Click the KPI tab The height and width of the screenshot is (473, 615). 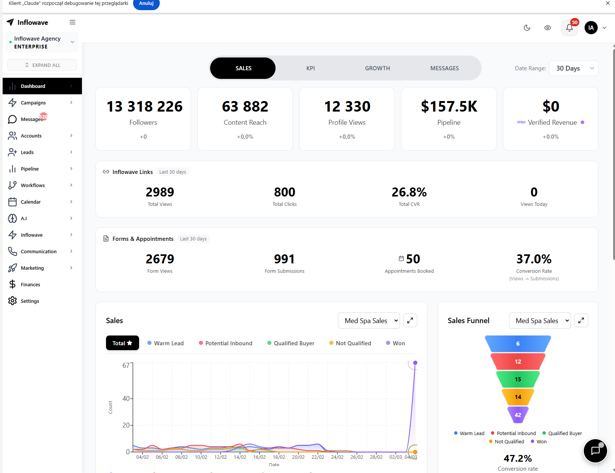click(311, 68)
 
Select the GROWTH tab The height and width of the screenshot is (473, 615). click(377, 68)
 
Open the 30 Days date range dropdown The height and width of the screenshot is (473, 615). click(574, 68)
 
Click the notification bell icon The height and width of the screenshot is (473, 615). click(569, 28)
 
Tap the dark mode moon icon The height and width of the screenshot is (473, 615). click(527, 28)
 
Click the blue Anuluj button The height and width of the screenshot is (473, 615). click(146, 3)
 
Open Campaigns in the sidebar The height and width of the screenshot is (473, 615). click(33, 103)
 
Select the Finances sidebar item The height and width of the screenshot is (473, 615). click(30, 284)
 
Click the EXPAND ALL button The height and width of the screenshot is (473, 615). click(42, 65)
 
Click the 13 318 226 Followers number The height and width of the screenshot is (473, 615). click(144, 107)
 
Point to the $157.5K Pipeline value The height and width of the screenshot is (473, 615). click(449, 107)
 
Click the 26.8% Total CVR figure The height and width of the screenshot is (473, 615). click(409, 192)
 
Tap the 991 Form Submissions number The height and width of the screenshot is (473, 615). click(284, 259)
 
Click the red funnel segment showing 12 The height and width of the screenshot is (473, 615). click(518, 361)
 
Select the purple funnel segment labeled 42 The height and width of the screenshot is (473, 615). click(518, 415)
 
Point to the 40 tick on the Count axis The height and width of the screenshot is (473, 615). click(126, 399)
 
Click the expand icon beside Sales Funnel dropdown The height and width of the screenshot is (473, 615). click(581, 320)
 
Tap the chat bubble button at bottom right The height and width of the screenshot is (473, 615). click(595, 451)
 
